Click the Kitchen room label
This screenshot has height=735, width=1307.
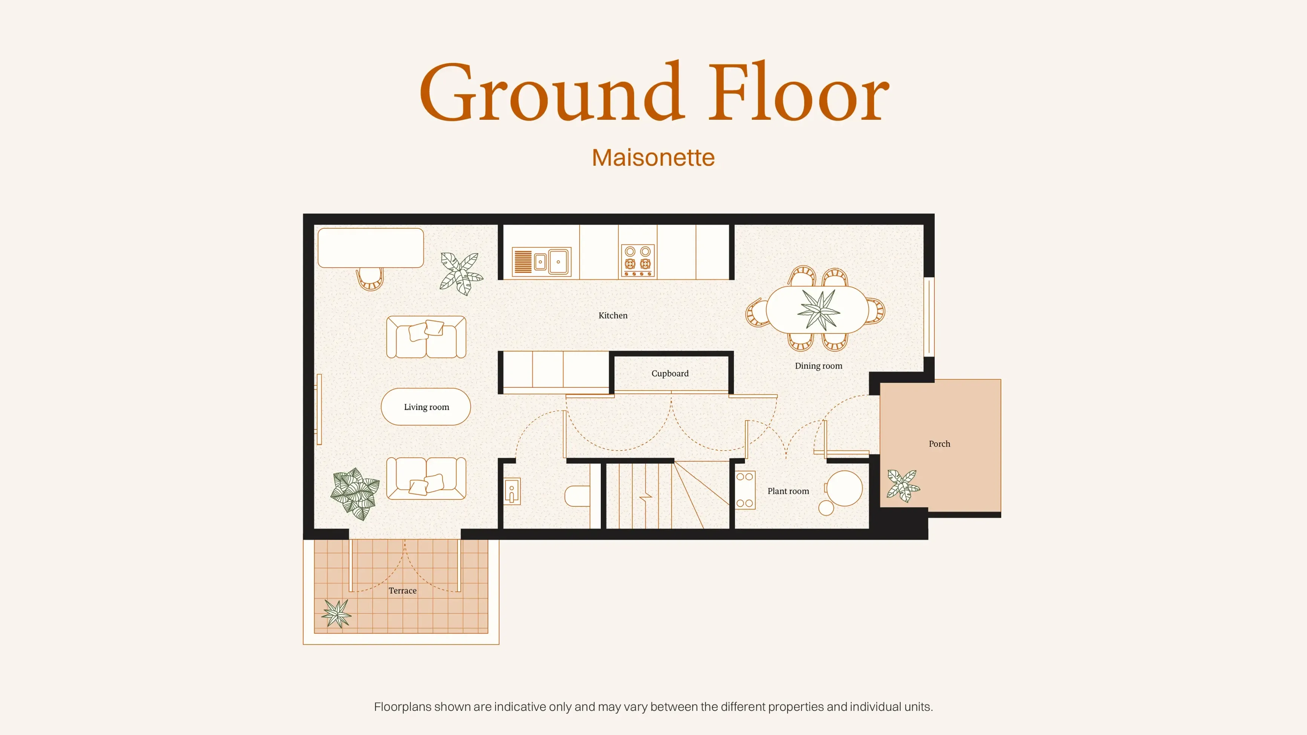613,315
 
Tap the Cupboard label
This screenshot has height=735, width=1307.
670,373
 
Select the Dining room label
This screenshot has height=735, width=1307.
819,366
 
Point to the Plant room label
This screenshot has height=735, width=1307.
788,491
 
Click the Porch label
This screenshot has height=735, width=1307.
939,444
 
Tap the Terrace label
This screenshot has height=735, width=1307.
403,590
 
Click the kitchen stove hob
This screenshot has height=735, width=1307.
638,261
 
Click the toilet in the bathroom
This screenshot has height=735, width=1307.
577,496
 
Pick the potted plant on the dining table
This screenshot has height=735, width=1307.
819,309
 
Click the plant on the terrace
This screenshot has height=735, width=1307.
337,613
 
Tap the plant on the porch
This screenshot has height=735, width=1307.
903,486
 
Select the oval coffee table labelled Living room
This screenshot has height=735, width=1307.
426,407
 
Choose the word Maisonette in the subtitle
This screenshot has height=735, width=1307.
653,158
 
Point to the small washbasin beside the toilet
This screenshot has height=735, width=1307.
512,491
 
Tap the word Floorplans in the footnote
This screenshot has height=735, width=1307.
403,707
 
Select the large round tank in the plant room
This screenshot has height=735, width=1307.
844,489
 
